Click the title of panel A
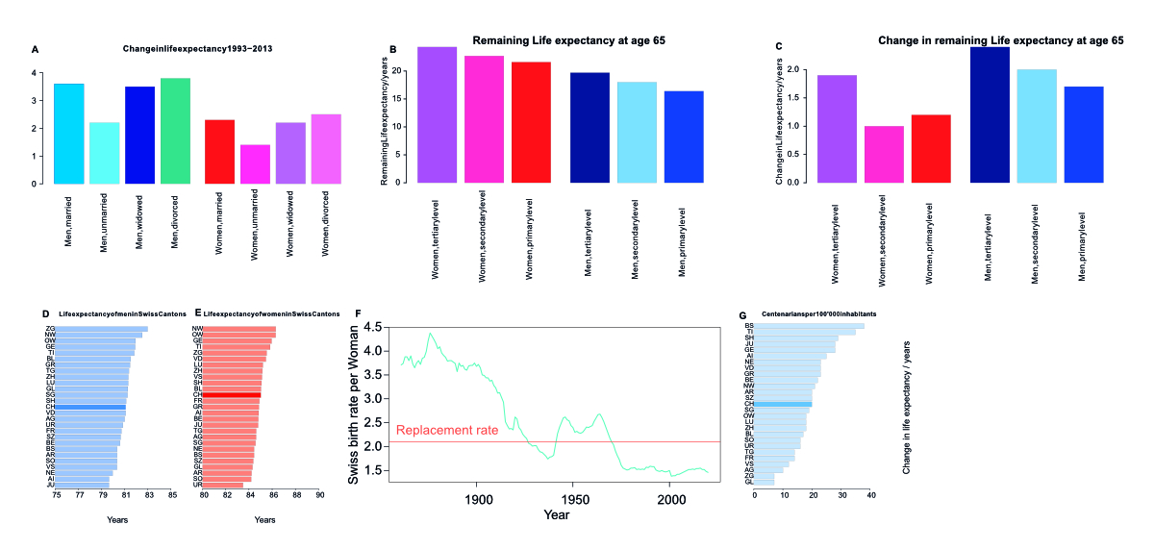191,48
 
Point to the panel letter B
392,48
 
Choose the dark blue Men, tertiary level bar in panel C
990,114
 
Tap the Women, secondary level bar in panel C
883,154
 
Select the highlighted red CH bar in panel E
232,395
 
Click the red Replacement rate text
447,431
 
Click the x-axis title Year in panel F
556,516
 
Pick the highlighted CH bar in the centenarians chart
783,405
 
